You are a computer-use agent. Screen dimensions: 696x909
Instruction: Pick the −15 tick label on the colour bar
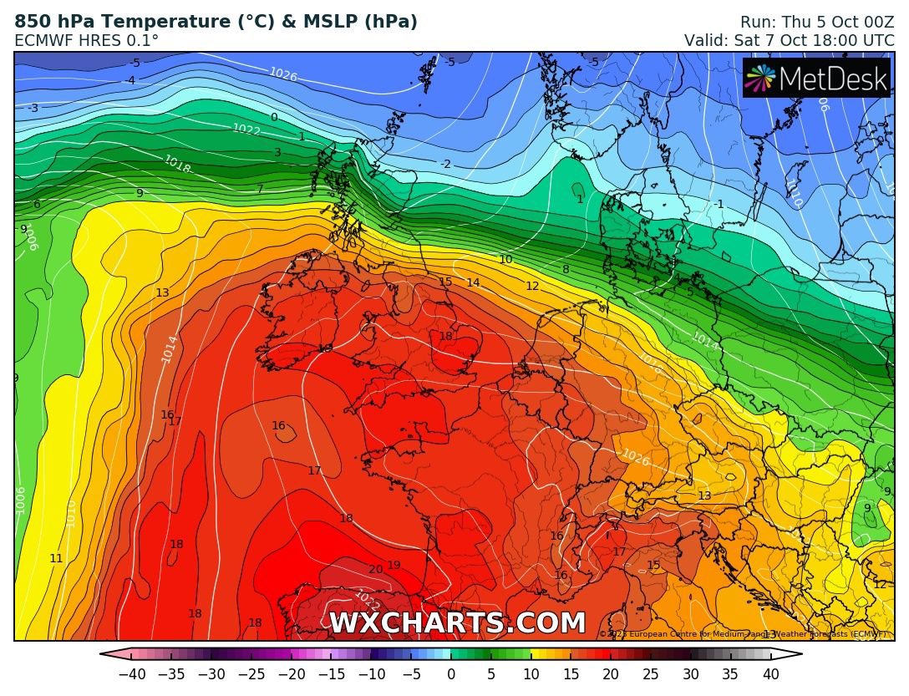coord(331,674)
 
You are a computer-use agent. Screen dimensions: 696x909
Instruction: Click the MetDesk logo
coord(816,79)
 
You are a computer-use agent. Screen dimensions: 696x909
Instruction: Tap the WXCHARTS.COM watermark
coord(457,623)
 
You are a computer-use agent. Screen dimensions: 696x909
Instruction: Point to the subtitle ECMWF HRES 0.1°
coord(87,40)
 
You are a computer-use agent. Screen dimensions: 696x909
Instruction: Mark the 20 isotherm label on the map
coord(375,570)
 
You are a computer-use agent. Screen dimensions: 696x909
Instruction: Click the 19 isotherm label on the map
coord(394,566)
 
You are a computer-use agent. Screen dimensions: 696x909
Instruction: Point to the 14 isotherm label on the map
coord(473,283)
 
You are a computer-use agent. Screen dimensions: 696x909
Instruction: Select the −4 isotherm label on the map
coord(129,80)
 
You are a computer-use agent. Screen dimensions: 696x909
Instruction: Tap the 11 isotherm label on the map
coord(56,558)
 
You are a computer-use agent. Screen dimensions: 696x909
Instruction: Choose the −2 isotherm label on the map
coord(445,165)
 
